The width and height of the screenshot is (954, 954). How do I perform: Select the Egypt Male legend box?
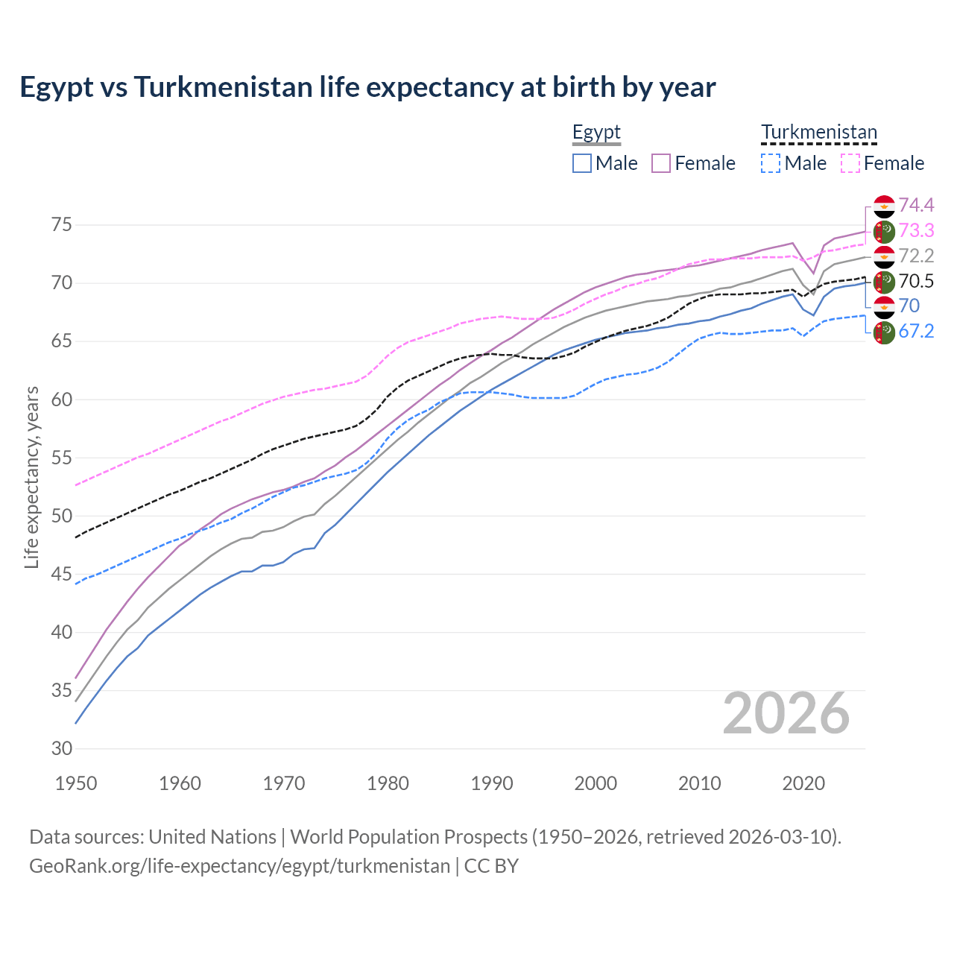pyautogui.click(x=582, y=163)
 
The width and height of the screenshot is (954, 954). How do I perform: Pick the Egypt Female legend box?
pyautogui.click(x=661, y=163)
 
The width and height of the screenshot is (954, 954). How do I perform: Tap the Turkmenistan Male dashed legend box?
pyautogui.click(x=771, y=163)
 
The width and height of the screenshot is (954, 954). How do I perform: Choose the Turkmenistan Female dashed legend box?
pyautogui.click(x=850, y=163)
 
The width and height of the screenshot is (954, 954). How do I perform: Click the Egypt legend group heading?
pyautogui.click(x=596, y=132)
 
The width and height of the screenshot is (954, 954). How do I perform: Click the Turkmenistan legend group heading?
pyautogui.click(x=818, y=132)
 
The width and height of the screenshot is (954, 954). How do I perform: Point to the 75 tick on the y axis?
pyautogui.click(x=61, y=225)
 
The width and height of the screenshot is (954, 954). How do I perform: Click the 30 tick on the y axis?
pyautogui.click(x=61, y=748)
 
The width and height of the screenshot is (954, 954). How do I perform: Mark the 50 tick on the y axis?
pyautogui.click(x=61, y=516)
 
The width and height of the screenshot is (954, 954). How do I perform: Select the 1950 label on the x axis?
pyautogui.click(x=76, y=783)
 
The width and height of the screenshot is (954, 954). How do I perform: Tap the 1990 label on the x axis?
pyautogui.click(x=492, y=783)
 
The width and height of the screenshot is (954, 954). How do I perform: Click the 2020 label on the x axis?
pyautogui.click(x=803, y=783)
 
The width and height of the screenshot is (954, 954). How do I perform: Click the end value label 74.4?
pyautogui.click(x=916, y=205)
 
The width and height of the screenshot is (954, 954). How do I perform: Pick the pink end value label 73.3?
pyautogui.click(x=916, y=230)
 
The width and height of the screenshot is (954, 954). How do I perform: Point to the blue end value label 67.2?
pyautogui.click(x=916, y=332)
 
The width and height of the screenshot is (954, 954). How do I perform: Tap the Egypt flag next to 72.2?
pyautogui.click(x=884, y=256)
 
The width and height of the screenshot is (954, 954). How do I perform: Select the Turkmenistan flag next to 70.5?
pyautogui.click(x=884, y=282)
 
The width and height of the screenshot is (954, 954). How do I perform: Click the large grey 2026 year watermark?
pyautogui.click(x=786, y=713)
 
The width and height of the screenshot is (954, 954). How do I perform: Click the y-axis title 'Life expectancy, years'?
pyautogui.click(x=32, y=477)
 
